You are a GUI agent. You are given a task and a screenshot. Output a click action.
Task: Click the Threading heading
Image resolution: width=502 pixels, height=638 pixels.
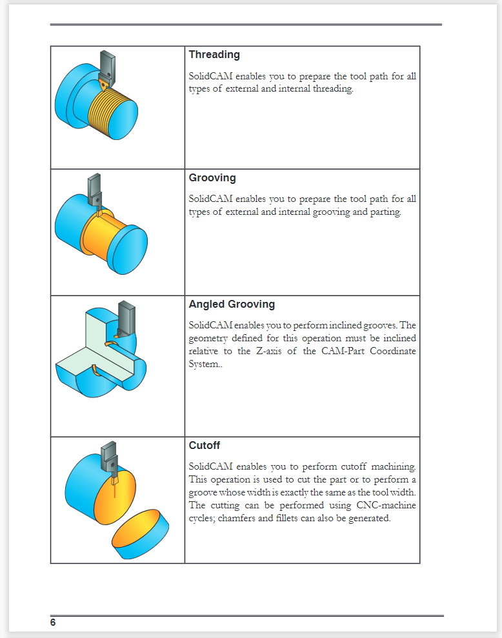coord(214,55)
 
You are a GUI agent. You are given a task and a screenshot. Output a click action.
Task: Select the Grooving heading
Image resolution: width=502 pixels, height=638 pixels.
coord(212,177)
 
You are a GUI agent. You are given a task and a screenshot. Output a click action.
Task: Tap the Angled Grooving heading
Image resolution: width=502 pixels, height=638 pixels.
coord(232,304)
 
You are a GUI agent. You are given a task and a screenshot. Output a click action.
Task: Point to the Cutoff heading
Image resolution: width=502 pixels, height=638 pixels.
coord(205,445)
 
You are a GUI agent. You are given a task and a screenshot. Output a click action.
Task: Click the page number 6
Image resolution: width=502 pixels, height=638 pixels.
coord(53,623)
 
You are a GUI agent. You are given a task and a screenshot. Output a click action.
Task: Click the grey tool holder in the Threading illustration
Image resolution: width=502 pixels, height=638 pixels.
coord(108,65)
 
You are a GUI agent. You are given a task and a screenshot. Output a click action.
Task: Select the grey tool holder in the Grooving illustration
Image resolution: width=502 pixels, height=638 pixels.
coord(94,188)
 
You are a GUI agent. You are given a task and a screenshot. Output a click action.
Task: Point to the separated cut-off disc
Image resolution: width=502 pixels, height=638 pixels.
coord(140,533)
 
